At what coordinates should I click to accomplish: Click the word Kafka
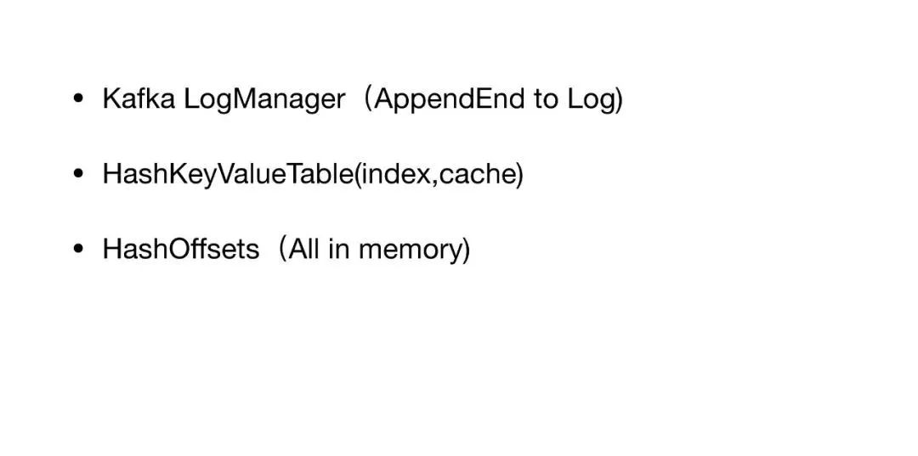139,99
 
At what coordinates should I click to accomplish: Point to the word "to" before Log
546,99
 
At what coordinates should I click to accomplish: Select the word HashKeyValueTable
229,175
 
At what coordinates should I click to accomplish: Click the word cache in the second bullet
477,173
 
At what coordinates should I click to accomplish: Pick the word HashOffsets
181,249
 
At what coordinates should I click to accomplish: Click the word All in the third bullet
304,249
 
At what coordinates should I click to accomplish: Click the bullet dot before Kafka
78,99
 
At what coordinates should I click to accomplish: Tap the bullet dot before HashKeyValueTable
78,173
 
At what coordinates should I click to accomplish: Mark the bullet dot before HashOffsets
78,249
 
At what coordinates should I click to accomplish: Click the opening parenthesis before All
283,250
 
